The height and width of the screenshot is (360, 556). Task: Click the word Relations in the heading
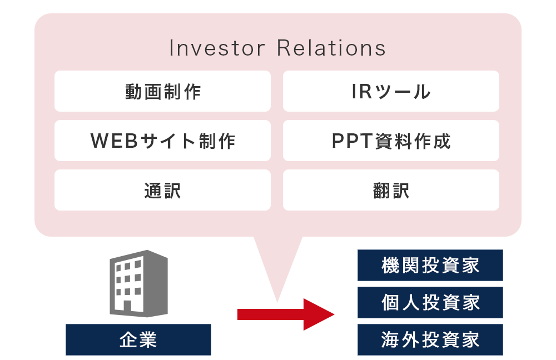point(331,48)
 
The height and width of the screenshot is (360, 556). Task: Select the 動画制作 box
point(162,91)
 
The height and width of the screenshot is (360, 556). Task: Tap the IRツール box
point(391,91)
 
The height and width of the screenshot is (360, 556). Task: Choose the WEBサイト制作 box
point(162,141)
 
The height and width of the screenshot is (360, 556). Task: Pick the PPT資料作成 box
point(391,141)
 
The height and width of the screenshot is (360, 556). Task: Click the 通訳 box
point(162,190)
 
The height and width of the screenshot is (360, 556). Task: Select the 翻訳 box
point(391,190)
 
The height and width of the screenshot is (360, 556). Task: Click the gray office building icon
point(138,283)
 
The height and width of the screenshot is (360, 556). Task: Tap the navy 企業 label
point(138,339)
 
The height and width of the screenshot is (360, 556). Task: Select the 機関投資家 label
point(430,265)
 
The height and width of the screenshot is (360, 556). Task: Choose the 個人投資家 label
point(430,302)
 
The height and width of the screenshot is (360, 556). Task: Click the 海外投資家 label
point(430,339)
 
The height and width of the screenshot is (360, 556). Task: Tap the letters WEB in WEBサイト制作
point(111,141)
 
